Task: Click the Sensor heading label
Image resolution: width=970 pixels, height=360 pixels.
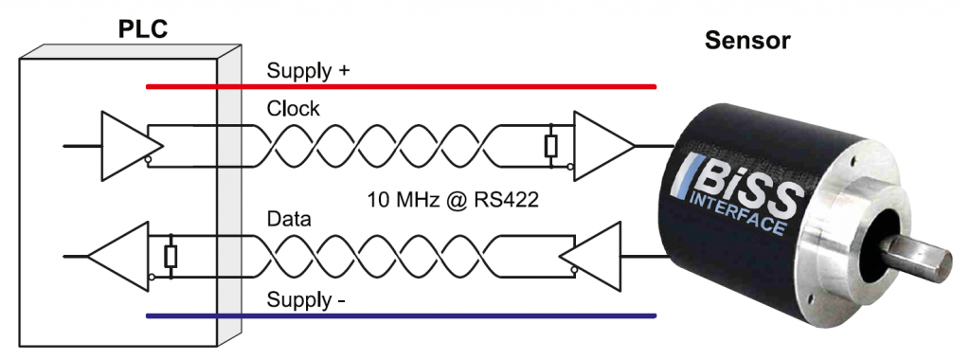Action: pos(747,42)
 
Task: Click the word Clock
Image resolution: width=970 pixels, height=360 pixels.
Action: pos(293,109)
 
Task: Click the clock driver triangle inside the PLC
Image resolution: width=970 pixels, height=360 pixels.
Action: pos(128,146)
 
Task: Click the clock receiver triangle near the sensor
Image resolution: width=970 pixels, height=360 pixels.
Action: pos(601,146)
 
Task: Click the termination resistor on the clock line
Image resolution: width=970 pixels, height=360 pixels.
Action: pos(550,146)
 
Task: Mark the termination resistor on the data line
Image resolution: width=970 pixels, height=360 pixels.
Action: pos(171,256)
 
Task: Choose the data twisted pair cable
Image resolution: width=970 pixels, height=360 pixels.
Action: pos(379,256)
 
